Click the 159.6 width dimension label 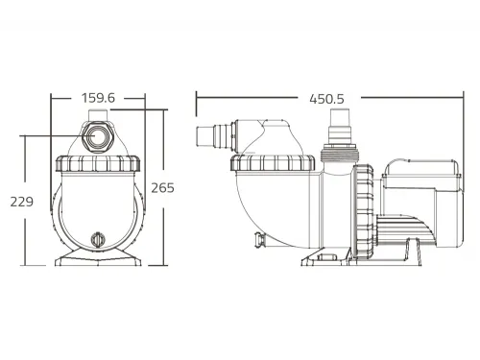click(98, 98)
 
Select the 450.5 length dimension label click(326, 99)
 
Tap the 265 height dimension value click(162, 188)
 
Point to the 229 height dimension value click(22, 202)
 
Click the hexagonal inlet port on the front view click(96, 135)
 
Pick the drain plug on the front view click(98, 239)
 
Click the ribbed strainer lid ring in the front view click(98, 163)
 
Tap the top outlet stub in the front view click(98, 115)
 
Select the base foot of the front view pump click(98, 257)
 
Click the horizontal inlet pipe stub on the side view click(214, 135)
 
